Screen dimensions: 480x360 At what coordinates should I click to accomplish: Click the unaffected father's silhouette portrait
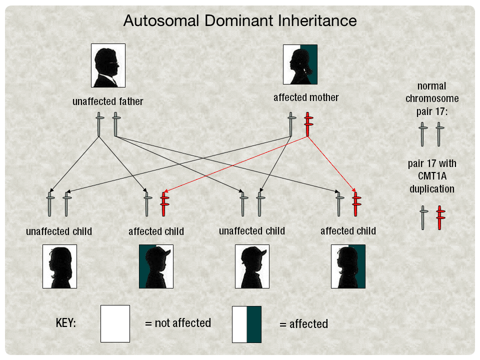click(x=108, y=65)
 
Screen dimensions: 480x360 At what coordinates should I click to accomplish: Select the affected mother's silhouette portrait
click(x=300, y=64)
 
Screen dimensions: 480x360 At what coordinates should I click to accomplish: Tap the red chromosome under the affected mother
click(x=308, y=124)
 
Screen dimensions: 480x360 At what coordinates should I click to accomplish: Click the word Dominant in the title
click(x=239, y=21)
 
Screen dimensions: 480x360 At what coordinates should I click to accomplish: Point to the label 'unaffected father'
click(x=108, y=101)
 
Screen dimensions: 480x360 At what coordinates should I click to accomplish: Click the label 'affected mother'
click(x=306, y=97)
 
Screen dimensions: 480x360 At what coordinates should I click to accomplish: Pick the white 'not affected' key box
click(x=115, y=323)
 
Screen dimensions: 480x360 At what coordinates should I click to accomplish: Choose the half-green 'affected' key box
click(x=246, y=324)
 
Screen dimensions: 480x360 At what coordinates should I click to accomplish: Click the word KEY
click(x=66, y=323)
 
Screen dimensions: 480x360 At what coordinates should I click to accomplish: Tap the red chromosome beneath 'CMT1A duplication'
click(x=440, y=217)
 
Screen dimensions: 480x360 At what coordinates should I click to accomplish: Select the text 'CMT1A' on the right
click(x=432, y=176)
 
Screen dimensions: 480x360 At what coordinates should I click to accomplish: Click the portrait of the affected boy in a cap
click(x=156, y=266)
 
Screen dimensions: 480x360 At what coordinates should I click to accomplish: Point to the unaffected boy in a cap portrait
click(x=252, y=266)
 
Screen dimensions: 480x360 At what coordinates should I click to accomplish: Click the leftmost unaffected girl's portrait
click(x=59, y=266)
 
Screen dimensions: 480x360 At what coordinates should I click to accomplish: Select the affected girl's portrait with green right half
click(x=348, y=266)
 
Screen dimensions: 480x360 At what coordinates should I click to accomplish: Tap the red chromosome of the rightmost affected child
click(x=356, y=204)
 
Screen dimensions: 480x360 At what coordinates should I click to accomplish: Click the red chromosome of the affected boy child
click(x=164, y=204)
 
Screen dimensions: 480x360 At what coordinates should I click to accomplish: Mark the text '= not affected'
click(x=178, y=323)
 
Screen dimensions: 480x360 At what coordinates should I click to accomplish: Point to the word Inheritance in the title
click(x=317, y=21)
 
